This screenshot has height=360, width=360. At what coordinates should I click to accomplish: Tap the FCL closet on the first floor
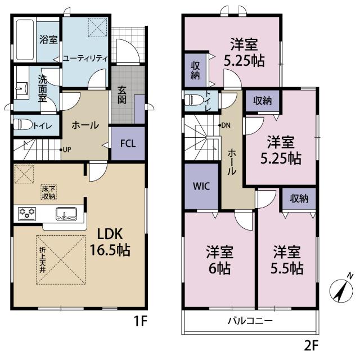tap(127, 142)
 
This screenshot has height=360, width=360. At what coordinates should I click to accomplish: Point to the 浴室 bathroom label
tap(48, 39)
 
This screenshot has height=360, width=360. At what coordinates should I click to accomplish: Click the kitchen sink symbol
tap(66, 213)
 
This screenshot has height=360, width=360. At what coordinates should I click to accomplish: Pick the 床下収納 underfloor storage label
tap(48, 192)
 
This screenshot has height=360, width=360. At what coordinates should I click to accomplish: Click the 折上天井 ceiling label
tap(42, 260)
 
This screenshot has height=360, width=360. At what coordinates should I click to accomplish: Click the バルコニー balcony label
tap(250, 322)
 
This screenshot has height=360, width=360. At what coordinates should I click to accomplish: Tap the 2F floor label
tap(311, 342)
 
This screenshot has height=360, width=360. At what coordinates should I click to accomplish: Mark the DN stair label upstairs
tap(226, 125)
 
